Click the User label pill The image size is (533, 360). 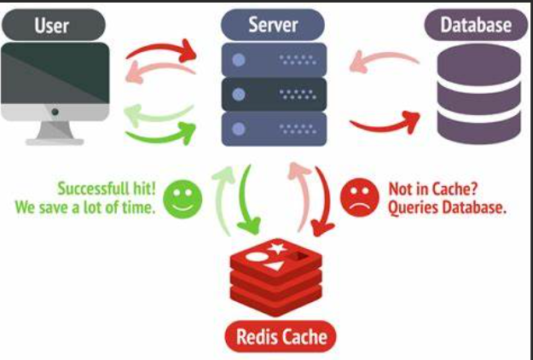point(54,25)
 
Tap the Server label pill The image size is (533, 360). point(273,25)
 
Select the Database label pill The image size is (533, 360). point(476,25)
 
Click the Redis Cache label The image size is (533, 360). point(281,337)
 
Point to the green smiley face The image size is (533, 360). point(182,200)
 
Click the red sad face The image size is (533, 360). point(360,198)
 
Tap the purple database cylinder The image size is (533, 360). point(478,94)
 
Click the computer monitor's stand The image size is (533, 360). point(55,133)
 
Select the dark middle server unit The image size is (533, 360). point(274,94)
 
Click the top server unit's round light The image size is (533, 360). point(239,60)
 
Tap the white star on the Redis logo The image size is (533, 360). point(277,247)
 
